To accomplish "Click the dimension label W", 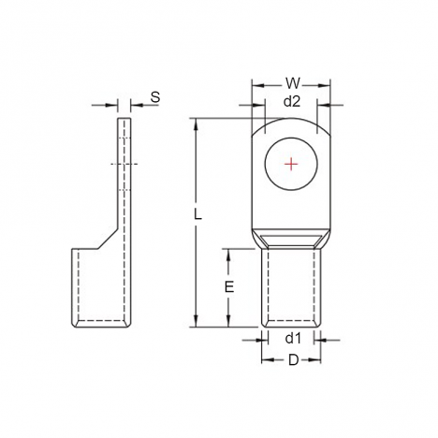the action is click(293, 83).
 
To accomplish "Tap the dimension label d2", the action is click(292, 102).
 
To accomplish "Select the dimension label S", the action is click(155, 97).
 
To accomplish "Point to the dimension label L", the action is click(197, 214).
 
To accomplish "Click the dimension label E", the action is click(229, 287).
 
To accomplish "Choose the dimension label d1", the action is click(293, 338).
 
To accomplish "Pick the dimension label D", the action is click(293, 360).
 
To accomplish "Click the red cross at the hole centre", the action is click(291, 164).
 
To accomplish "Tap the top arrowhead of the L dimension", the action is click(197, 124).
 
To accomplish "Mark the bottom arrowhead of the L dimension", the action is click(197, 321).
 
